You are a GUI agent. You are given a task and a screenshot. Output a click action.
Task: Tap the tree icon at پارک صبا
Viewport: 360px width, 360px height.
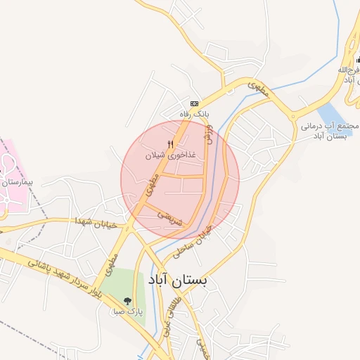click(127, 300)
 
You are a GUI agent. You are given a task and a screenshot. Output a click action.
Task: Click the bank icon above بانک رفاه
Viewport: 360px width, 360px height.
click(195, 103)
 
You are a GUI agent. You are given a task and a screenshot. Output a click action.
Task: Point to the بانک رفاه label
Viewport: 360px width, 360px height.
click(195, 113)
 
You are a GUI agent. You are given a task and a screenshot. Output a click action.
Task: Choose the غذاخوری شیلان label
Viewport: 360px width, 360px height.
click(169, 155)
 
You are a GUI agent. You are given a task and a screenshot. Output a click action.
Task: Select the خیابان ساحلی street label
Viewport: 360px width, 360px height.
click(201, 236)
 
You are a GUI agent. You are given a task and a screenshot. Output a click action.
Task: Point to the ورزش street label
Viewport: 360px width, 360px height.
click(208, 132)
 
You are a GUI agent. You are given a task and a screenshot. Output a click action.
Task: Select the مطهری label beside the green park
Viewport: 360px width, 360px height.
click(110, 264)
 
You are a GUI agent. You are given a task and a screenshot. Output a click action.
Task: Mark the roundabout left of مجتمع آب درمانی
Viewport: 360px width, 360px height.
click(293, 116)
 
